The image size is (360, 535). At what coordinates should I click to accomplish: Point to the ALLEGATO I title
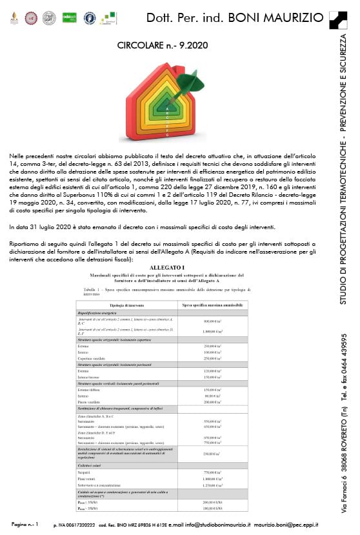(x=167, y=267)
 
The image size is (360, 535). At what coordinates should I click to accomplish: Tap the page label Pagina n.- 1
(x=26, y=523)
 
